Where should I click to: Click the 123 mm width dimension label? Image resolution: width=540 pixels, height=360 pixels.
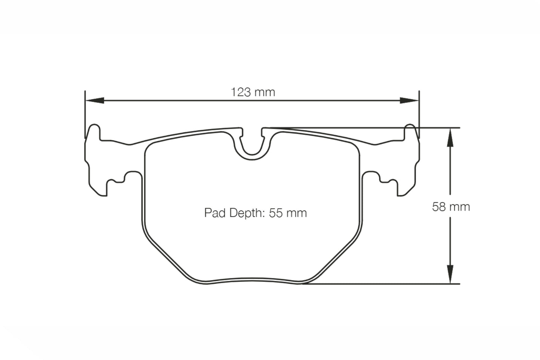[x=253, y=92]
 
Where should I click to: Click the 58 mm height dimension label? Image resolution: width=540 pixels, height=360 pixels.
[x=451, y=207]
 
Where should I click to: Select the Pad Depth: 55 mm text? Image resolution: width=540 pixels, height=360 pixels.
[x=255, y=213]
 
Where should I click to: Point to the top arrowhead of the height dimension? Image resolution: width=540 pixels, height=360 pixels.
[x=450, y=136]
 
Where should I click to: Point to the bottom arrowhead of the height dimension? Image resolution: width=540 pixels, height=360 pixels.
[x=450, y=275]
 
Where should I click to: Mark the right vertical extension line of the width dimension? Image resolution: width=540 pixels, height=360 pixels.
[x=419, y=112]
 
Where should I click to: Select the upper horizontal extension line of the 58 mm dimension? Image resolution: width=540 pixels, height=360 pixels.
[x=374, y=127]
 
